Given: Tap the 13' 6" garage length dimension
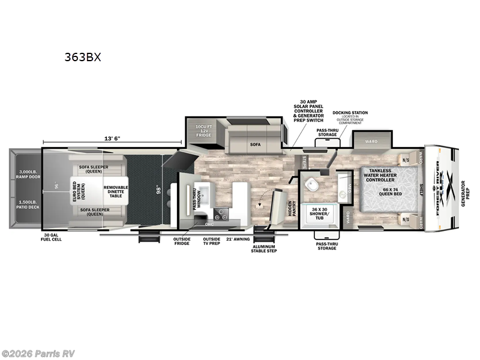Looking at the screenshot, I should coord(112,139).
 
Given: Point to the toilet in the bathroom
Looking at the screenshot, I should coord(313,185).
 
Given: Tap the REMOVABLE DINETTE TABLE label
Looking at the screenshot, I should coord(115,191).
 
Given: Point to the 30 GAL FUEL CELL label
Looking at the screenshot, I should coord(52,237).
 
